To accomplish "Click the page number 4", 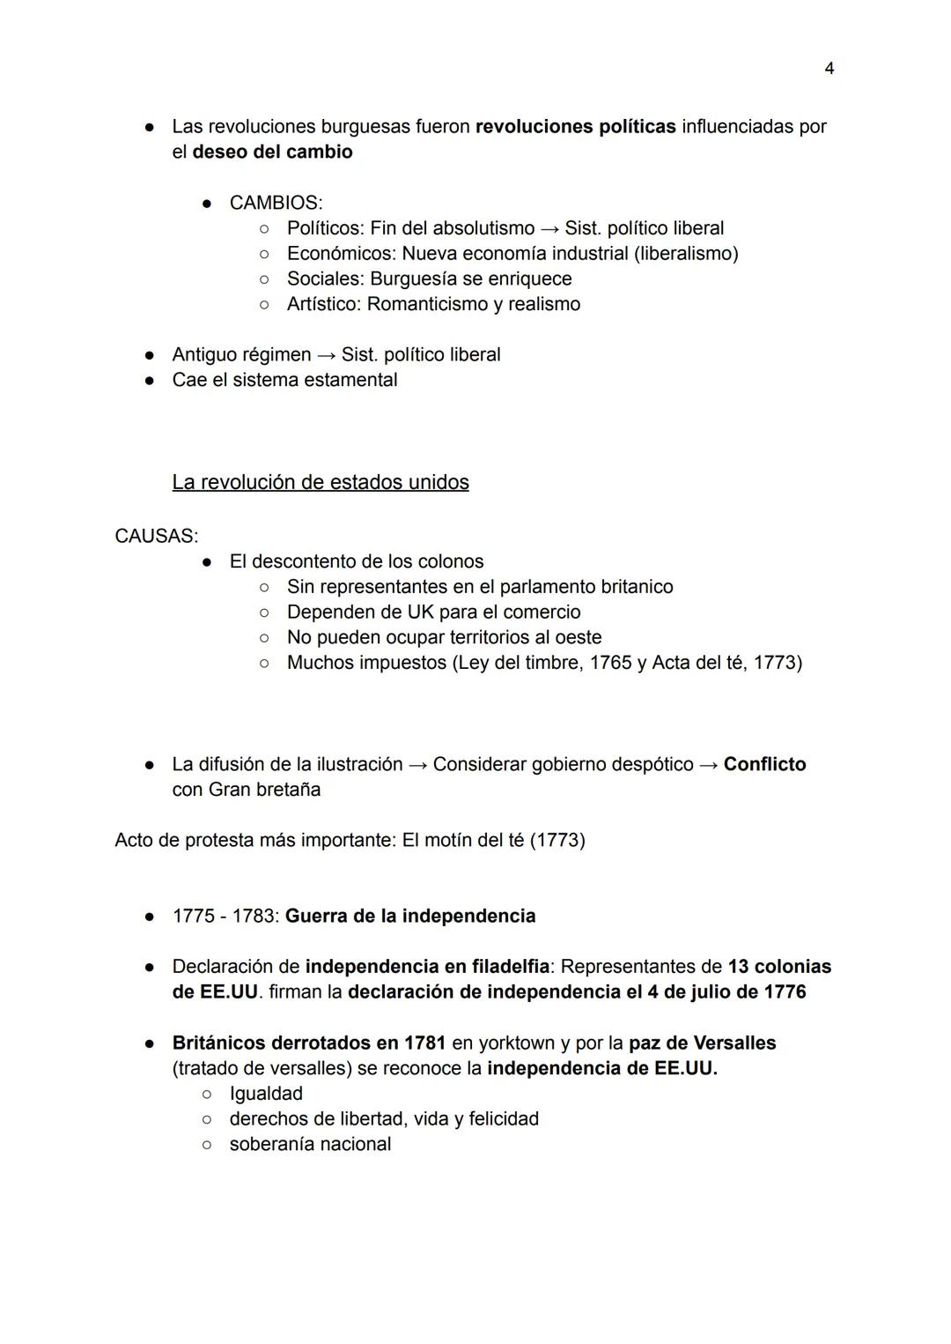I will click(829, 68).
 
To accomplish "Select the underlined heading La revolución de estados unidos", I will click(321, 482).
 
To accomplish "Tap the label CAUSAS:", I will click(156, 536).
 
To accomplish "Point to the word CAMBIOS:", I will click(276, 203).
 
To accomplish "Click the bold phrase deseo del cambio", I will click(272, 152).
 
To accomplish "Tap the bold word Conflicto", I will click(764, 764).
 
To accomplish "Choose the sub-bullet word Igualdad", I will click(266, 1094).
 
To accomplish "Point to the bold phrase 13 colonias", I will click(779, 967).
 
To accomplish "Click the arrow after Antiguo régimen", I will click(326, 355).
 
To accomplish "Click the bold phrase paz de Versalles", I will click(702, 1043).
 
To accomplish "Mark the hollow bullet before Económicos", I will click(263, 254).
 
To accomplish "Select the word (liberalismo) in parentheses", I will click(686, 254).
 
